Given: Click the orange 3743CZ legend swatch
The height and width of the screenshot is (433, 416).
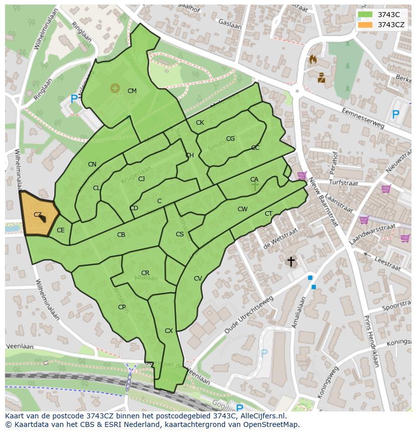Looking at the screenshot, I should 366,25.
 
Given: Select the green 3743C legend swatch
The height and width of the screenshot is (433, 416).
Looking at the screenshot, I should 366,15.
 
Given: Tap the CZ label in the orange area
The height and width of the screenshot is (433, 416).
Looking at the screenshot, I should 38,215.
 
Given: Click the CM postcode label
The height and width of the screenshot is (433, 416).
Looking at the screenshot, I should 132,91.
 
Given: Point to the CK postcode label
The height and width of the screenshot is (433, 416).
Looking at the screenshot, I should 200,123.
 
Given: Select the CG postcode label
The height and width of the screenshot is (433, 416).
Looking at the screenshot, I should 230,139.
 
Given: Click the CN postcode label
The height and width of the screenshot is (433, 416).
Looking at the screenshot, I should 92,164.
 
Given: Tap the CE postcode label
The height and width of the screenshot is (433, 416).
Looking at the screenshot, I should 61,230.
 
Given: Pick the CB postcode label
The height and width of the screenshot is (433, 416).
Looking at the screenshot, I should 121,235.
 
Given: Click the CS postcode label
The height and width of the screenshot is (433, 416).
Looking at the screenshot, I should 180,234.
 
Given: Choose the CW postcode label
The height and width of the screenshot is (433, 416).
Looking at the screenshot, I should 243,209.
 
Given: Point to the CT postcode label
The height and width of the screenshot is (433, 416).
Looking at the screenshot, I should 269,214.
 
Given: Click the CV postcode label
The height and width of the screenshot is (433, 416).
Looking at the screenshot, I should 198,279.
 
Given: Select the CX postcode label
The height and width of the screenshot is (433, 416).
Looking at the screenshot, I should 169,331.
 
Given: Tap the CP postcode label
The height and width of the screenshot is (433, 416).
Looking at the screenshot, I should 122,307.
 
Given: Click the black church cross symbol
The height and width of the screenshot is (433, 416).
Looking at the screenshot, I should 290,262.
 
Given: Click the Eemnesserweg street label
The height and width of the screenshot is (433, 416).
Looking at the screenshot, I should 362,118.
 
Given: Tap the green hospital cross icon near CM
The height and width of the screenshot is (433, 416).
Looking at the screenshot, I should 115,89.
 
